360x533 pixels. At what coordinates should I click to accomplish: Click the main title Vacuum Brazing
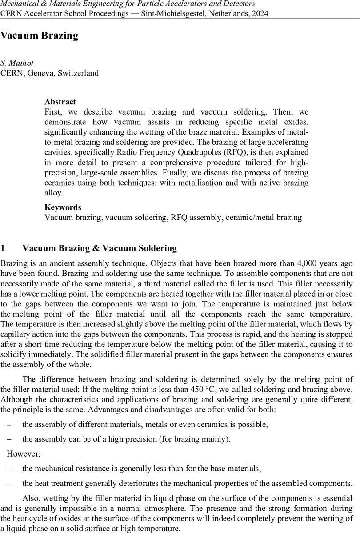click(x=39, y=36)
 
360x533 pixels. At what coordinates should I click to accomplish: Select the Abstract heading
click(x=60, y=102)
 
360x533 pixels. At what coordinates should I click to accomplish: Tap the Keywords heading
click(x=63, y=207)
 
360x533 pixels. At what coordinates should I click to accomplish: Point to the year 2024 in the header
click(x=259, y=13)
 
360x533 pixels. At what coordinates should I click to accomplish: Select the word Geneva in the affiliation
click(x=40, y=73)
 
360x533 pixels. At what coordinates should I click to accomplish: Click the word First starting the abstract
click(x=53, y=111)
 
